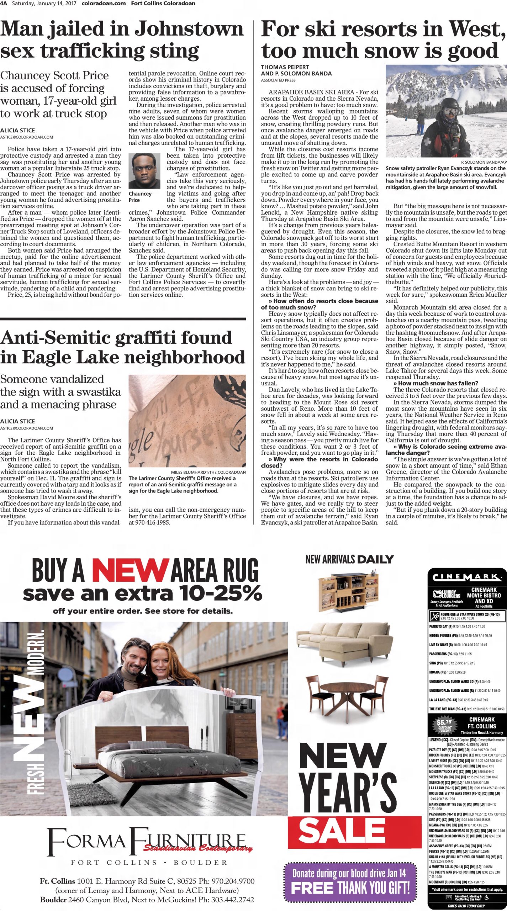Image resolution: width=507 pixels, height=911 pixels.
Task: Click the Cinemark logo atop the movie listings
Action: (467, 576)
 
